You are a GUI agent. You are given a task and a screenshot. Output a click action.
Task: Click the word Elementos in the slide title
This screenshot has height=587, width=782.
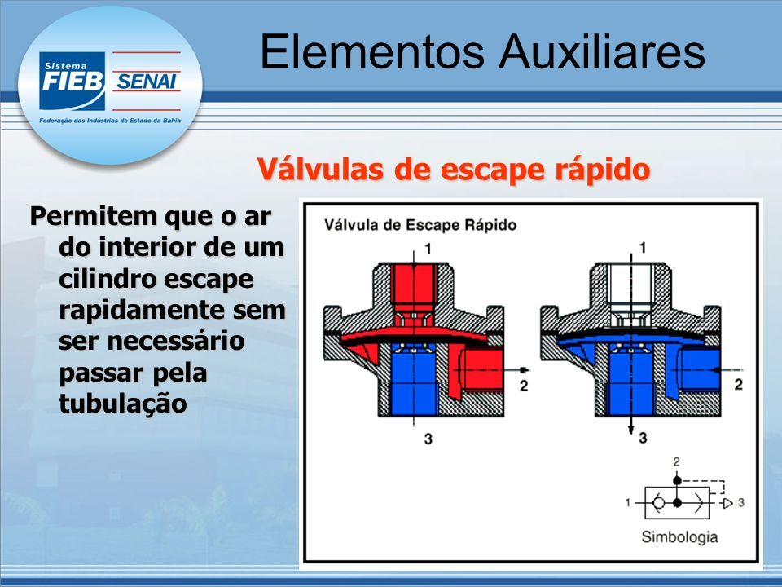[372, 51]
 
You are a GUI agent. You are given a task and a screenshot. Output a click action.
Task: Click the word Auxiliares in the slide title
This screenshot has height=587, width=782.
[602, 51]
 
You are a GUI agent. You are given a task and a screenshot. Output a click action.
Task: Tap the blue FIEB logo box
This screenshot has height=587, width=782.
[72, 81]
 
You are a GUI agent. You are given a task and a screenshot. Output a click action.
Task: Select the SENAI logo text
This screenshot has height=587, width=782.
[147, 82]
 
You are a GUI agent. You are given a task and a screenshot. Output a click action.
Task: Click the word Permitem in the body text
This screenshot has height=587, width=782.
[93, 216]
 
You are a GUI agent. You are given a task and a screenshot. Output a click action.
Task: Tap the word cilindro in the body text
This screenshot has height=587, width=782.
[108, 279]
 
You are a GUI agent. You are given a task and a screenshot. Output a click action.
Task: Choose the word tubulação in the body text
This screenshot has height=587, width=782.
[123, 404]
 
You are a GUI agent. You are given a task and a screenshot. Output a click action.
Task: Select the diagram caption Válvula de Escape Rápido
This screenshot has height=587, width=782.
[420, 225]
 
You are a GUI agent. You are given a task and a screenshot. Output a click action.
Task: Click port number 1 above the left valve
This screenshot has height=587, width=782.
[428, 248]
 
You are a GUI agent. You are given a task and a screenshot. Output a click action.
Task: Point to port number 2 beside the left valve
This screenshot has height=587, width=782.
[524, 386]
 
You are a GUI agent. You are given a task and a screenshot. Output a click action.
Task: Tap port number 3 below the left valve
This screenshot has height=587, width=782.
[428, 439]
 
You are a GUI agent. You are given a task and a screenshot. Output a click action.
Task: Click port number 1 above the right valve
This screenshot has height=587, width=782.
[643, 248]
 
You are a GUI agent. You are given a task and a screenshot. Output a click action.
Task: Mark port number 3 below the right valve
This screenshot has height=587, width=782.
[643, 438]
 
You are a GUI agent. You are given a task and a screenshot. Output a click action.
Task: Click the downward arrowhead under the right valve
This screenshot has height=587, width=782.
[630, 430]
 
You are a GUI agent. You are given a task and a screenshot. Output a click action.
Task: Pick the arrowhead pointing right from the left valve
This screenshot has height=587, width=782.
[525, 370]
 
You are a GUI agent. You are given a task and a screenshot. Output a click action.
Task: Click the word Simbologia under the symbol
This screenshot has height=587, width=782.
[679, 537]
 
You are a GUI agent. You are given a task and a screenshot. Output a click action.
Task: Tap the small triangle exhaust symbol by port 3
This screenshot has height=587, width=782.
[727, 503]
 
